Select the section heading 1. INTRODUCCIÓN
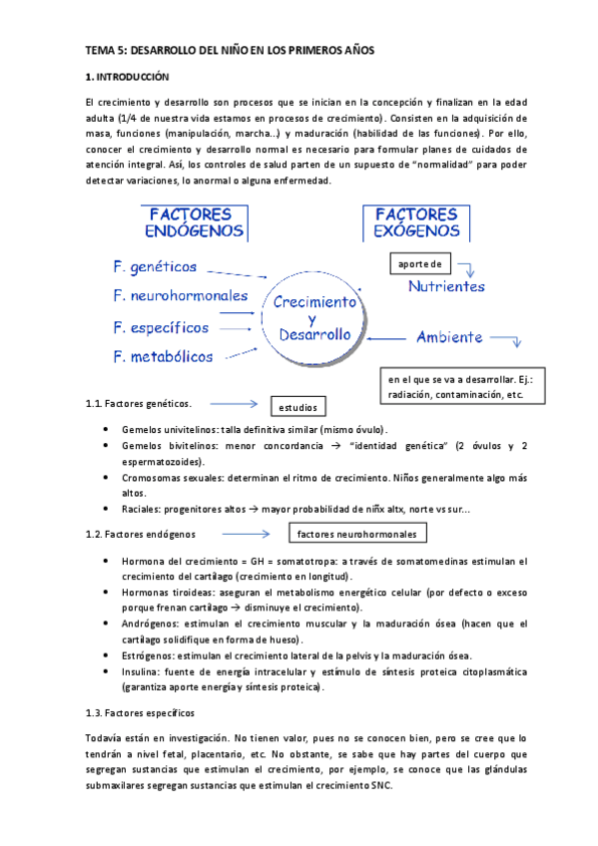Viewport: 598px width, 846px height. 128,77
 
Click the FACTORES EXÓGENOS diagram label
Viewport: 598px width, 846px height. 416,222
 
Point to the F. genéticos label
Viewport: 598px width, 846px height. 155,267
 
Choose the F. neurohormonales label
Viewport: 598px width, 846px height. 181,295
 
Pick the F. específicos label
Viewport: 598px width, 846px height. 161,326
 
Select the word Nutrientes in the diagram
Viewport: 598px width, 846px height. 446,286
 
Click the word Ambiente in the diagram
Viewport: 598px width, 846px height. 449,337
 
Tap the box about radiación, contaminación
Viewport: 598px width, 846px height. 464,387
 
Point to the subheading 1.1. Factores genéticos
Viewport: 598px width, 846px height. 139,404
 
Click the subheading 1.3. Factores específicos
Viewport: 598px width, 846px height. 141,713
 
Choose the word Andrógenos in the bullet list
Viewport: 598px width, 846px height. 153,624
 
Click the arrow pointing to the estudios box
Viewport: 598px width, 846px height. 233,404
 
